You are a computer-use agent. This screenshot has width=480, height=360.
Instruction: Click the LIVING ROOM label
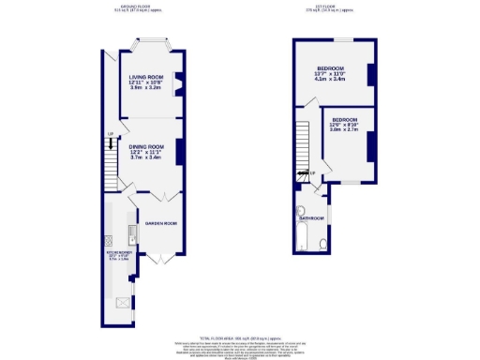click(146, 77)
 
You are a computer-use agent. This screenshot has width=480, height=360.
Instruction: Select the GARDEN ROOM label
click(160, 223)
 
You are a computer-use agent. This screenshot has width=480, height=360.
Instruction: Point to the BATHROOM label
click(311, 218)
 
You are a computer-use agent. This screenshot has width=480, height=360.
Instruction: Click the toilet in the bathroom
click(322, 245)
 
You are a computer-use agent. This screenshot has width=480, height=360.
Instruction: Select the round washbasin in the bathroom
click(299, 212)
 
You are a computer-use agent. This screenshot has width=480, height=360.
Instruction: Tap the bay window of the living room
click(146, 44)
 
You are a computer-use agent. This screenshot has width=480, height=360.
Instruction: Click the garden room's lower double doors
click(160, 258)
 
